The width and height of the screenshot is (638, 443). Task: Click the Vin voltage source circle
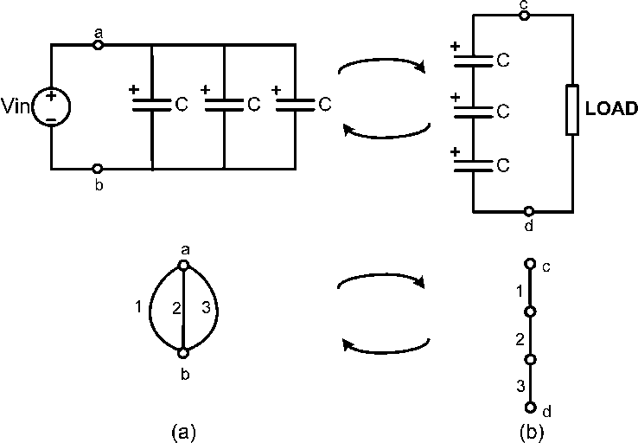coord(52,106)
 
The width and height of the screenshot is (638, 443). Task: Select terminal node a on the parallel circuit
coord(98,44)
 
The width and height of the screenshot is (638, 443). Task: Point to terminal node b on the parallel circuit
coord(98,169)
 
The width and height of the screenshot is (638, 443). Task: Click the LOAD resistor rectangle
coord(571,110)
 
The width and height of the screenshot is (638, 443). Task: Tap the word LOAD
coord(611,110)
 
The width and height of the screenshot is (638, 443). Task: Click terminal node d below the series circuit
coord(528,211)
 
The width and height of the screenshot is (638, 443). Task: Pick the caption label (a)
coord(182,430)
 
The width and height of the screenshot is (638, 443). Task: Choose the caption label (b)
coord(531,430)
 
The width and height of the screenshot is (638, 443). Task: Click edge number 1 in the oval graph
coord(137,305)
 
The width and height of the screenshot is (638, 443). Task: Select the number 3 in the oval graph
coord(205,305)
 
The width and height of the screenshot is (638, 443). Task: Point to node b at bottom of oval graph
coord(183,353)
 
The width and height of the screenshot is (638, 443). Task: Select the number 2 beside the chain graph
coord(519,337)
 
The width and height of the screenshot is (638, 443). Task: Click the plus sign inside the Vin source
coord(51,96)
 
